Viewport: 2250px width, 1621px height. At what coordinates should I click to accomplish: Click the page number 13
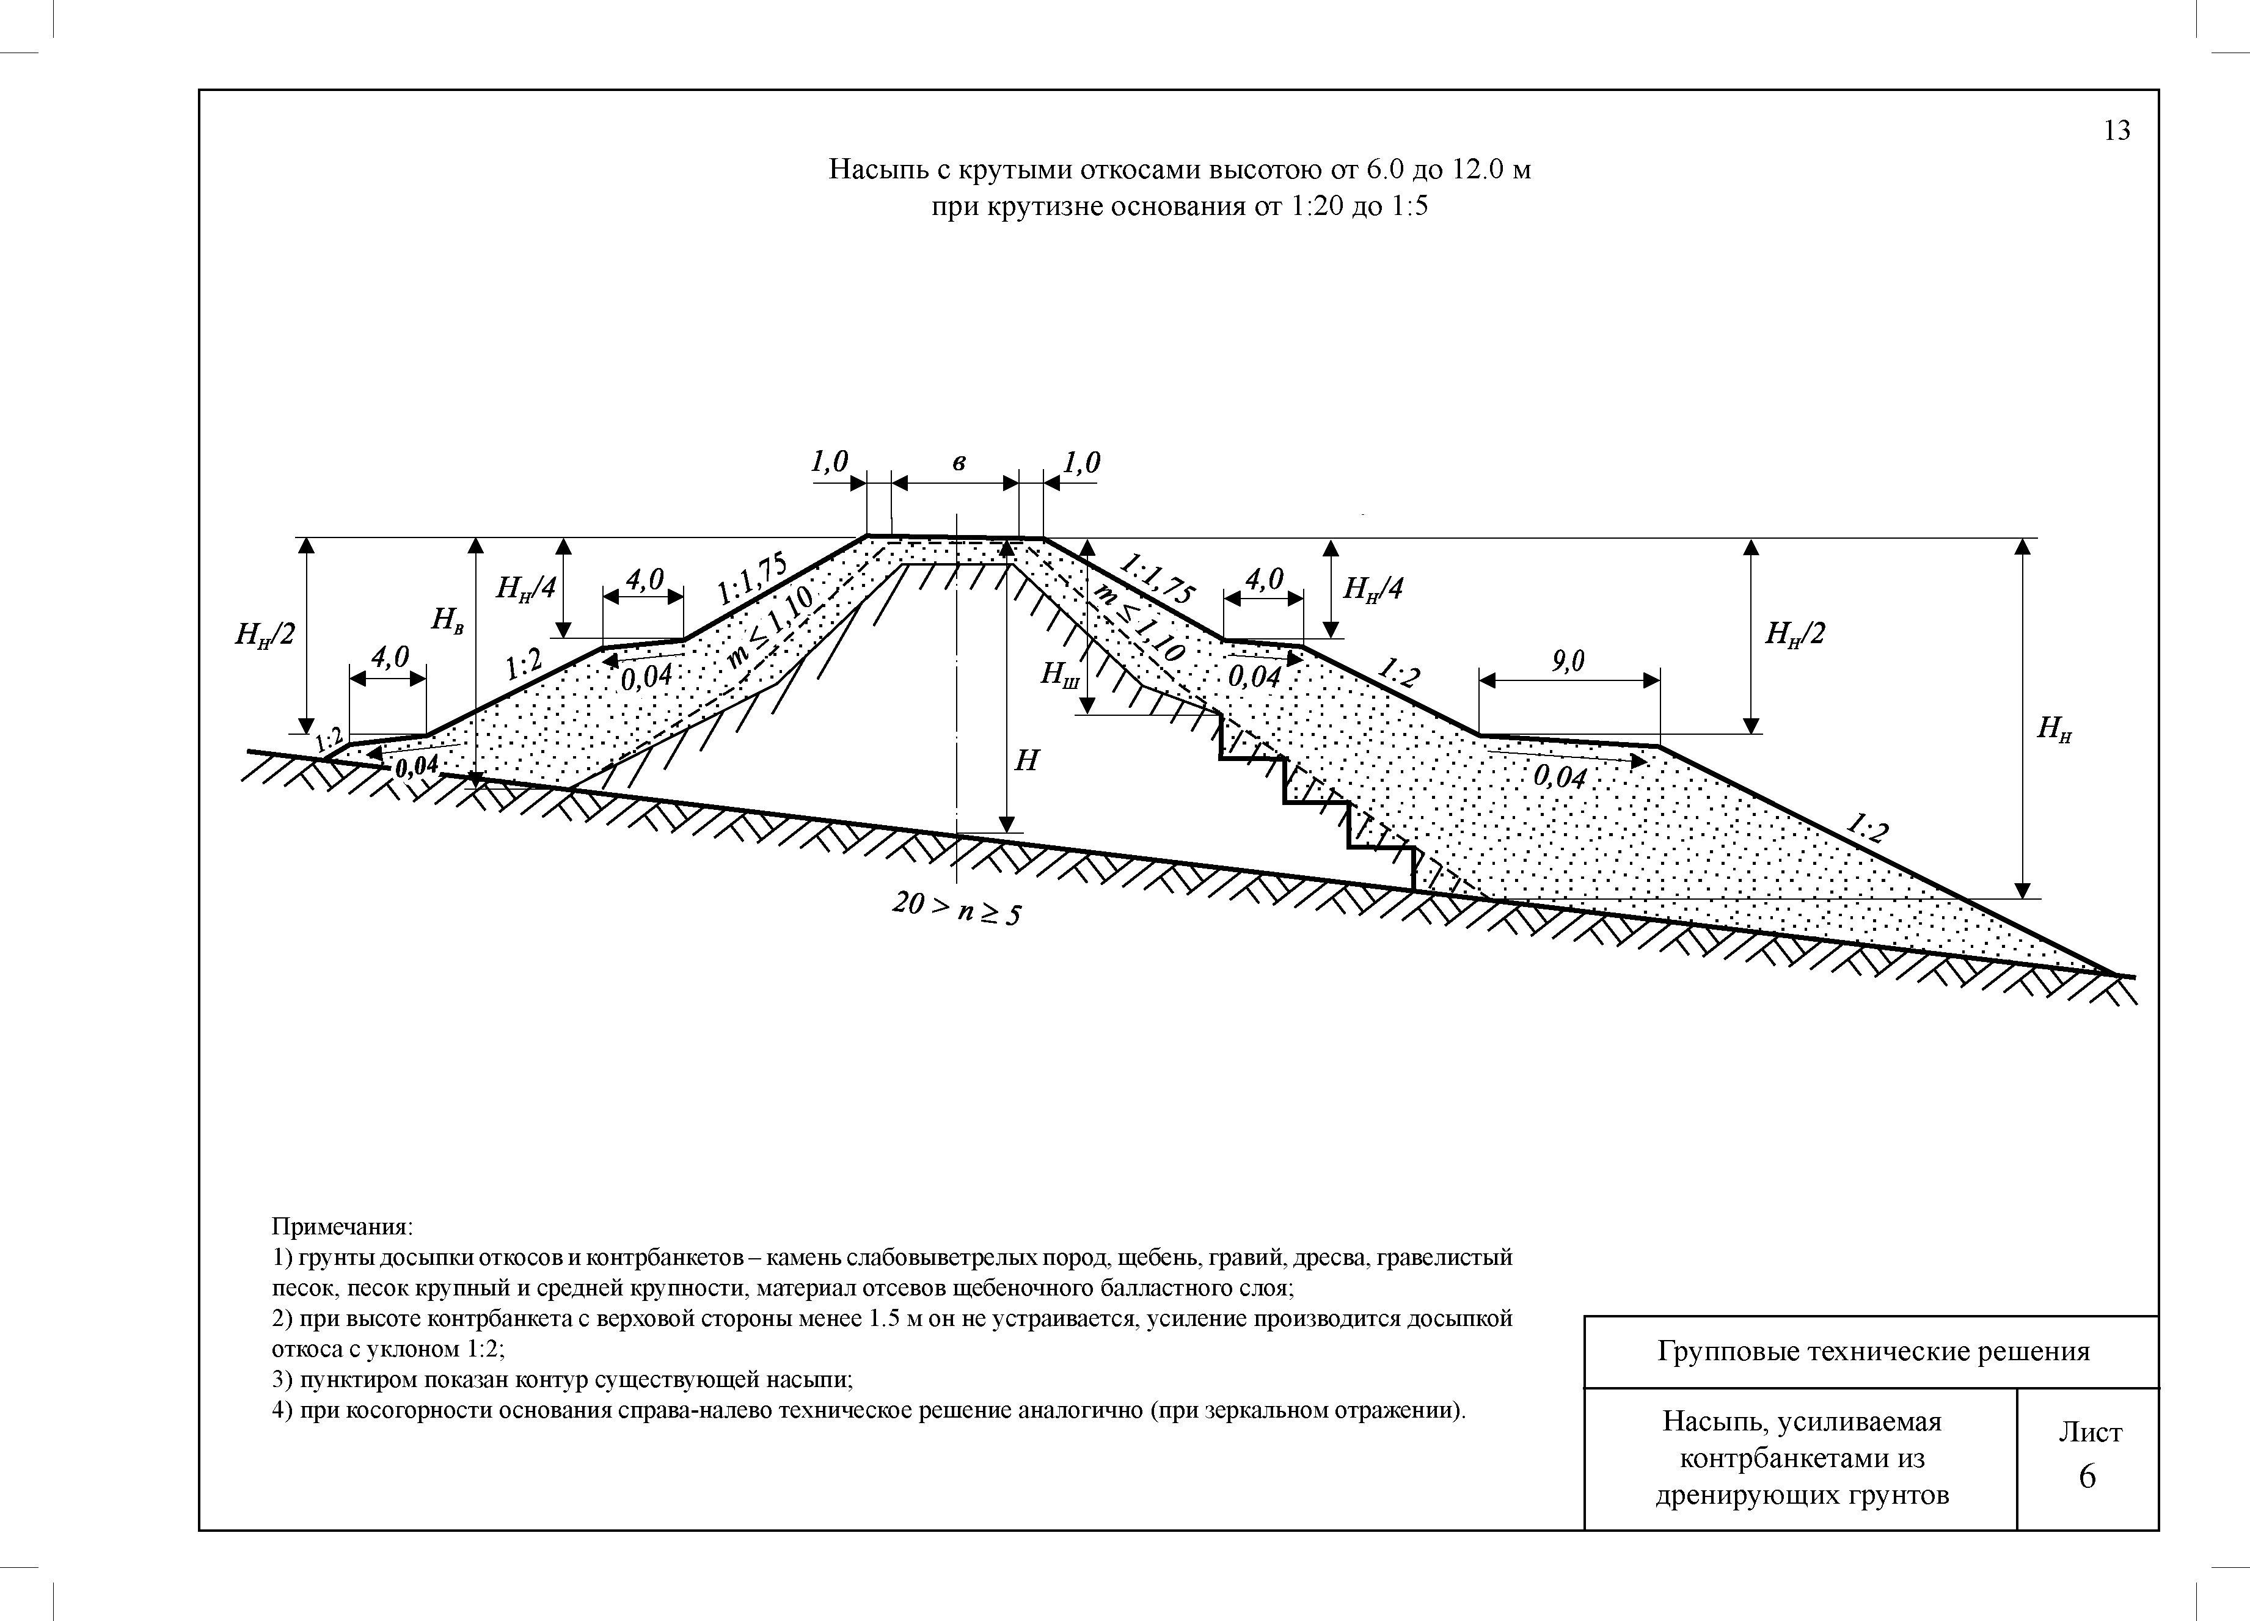click(2116, 131)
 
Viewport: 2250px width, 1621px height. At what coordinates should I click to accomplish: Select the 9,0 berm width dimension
click(1568, 661)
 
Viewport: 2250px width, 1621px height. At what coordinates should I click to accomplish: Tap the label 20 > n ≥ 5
click(955, 908)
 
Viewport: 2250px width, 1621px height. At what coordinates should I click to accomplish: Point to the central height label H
click(1027, 761)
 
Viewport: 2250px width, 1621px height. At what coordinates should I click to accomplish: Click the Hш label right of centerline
click(1059, 674)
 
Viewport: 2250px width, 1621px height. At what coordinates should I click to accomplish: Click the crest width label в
click(959, 462)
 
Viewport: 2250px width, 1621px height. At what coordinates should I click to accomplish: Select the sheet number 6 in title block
click(2087, 1477)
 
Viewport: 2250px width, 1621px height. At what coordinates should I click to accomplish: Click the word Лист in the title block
click(2089, 1432)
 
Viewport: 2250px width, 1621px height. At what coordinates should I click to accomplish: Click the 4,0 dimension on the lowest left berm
click(389, 657)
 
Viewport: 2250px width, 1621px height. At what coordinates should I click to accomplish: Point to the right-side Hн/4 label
click(1373, 589)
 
